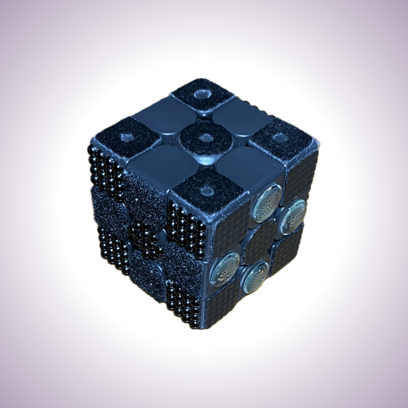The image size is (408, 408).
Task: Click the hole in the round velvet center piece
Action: (205, 138)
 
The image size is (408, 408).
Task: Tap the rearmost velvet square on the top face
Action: (202, 94)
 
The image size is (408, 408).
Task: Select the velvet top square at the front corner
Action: (206, 190)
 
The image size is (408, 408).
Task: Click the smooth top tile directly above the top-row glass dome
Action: (247, 166)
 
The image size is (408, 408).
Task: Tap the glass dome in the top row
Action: (267, 208)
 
